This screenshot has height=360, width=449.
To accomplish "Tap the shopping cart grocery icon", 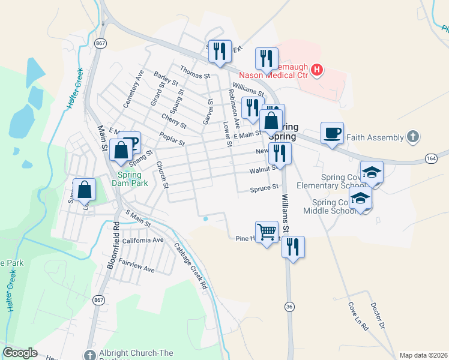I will (266, 231).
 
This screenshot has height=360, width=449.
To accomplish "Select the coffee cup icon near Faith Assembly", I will (331, 133).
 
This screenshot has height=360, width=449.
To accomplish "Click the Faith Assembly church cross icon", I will (412, 137).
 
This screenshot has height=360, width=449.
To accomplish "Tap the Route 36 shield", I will (290, 307).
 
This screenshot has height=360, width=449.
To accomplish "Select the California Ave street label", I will (143, 240).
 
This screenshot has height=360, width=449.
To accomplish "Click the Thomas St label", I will (194, 75).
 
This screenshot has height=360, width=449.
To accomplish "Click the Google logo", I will (20, 353).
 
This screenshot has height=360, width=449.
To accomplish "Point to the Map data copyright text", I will (423, 355).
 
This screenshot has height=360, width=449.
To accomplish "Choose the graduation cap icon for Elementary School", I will (372, 172).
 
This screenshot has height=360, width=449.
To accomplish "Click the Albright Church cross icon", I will (90, 355).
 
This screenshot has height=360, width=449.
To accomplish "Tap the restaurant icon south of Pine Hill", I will (293, 247).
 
